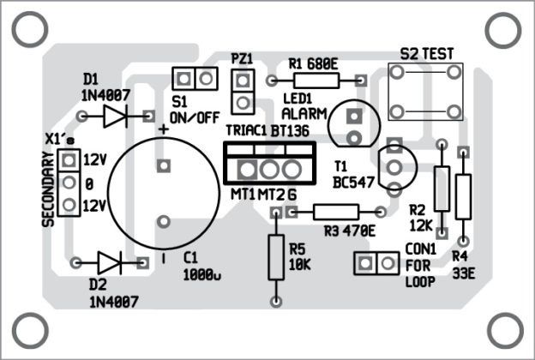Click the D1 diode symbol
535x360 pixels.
(116, 116)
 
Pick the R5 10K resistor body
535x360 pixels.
(276, 256)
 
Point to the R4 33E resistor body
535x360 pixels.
(464, 196)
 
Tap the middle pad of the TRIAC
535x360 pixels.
(270, 167)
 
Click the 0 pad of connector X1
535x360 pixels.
(69, 182)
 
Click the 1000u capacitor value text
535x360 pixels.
(202, 274)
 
